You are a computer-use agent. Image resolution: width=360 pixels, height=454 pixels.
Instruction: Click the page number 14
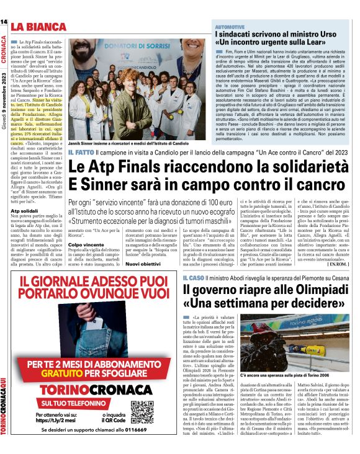coord(4,22)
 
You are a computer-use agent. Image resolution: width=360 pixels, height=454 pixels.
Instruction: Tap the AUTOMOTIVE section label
coord(230,28)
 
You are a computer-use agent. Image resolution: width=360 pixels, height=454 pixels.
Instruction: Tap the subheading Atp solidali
coord(26,211)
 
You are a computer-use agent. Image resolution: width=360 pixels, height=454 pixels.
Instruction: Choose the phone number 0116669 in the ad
coord(143,446)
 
